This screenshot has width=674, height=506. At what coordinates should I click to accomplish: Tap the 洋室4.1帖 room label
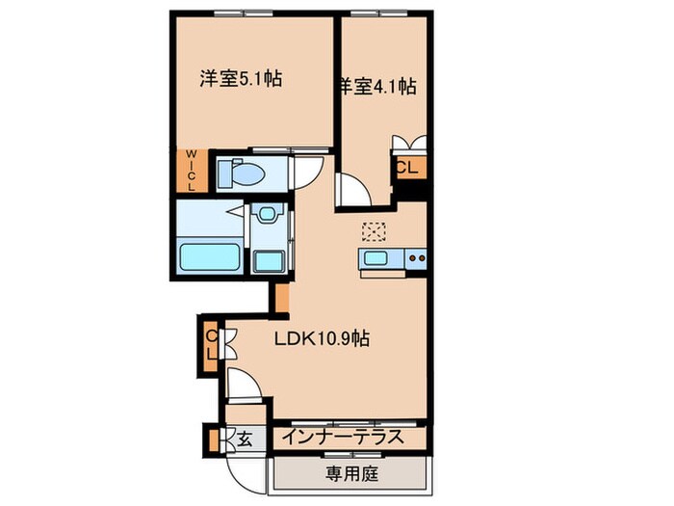377,87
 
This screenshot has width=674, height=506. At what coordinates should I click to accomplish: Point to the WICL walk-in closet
190,170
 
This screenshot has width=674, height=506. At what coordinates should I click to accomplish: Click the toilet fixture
241,173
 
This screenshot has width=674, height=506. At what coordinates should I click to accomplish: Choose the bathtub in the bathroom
211,258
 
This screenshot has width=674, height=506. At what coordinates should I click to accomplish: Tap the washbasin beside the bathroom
266,216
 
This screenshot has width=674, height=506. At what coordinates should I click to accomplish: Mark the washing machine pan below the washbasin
267,260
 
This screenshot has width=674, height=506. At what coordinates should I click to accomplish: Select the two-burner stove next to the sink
414,257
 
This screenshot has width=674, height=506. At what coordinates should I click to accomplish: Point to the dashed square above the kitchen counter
373,231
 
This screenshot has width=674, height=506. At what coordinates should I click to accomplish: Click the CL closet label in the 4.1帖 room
407,167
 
